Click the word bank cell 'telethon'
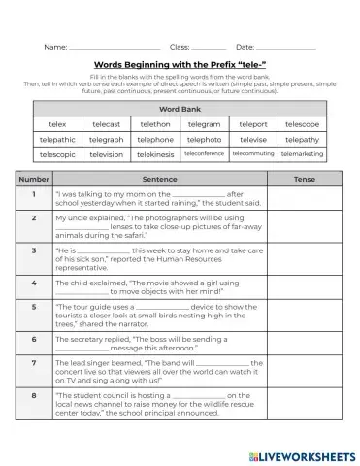point(155,124)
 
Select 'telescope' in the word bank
point(303,124)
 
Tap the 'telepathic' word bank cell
point(57,139)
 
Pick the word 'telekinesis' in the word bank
point(155,154)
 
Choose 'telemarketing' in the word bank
point(303,154)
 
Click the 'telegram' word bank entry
point(204,124)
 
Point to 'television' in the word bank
point(106,154)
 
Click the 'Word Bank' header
point(180,108)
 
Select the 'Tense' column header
point(305,180)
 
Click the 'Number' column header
point(34,180)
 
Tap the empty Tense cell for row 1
point(305,199)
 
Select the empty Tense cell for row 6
point(305,344)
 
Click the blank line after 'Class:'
point(209,48)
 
